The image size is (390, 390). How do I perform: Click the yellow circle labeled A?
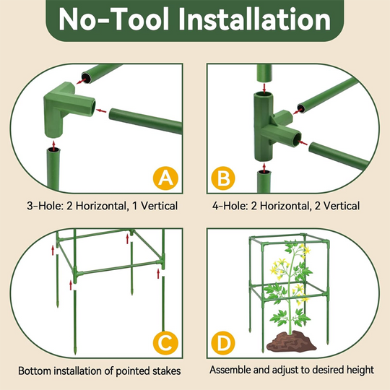pyautogui.click(x=166, y=178)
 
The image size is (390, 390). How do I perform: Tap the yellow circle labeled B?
pyautogui.click(x=223, y=178)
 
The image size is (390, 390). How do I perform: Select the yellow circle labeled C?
pyautogui.click(x=166, y=342)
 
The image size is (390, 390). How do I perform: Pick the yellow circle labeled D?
pyautogui.click(x=223, y=342)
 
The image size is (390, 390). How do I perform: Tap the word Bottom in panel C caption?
pyautogui.click(x=35, y=370)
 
